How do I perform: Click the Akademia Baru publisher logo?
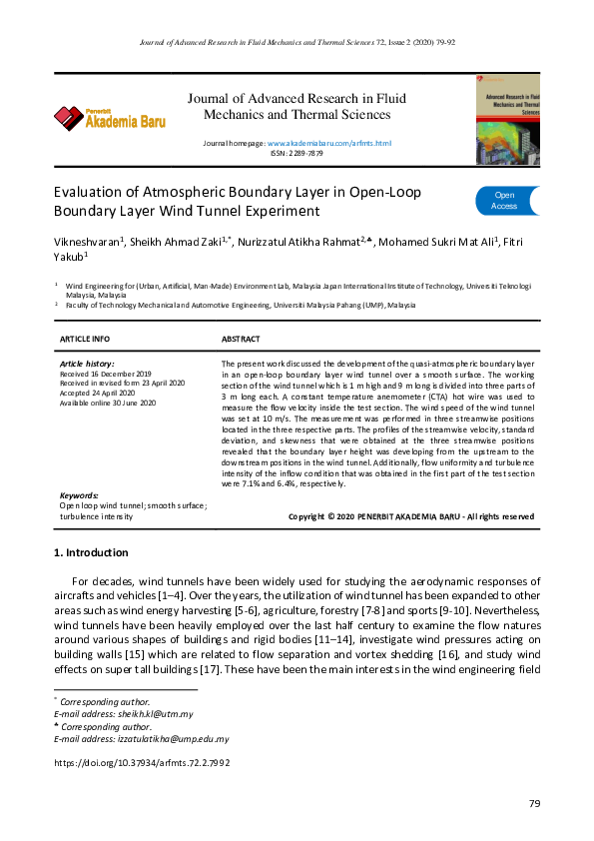point(109,118)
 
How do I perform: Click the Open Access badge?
point(505,200)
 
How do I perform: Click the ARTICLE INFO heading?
point(85,340)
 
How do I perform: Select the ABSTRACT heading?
point(241,340)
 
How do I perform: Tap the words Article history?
point(87,364)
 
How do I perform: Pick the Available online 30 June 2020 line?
point(108,403)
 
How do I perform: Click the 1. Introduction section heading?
point(91,552)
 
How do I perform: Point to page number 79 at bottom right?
point(534,804)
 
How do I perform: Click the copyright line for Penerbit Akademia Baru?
point(410,516)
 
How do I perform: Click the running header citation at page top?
point(297,43)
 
